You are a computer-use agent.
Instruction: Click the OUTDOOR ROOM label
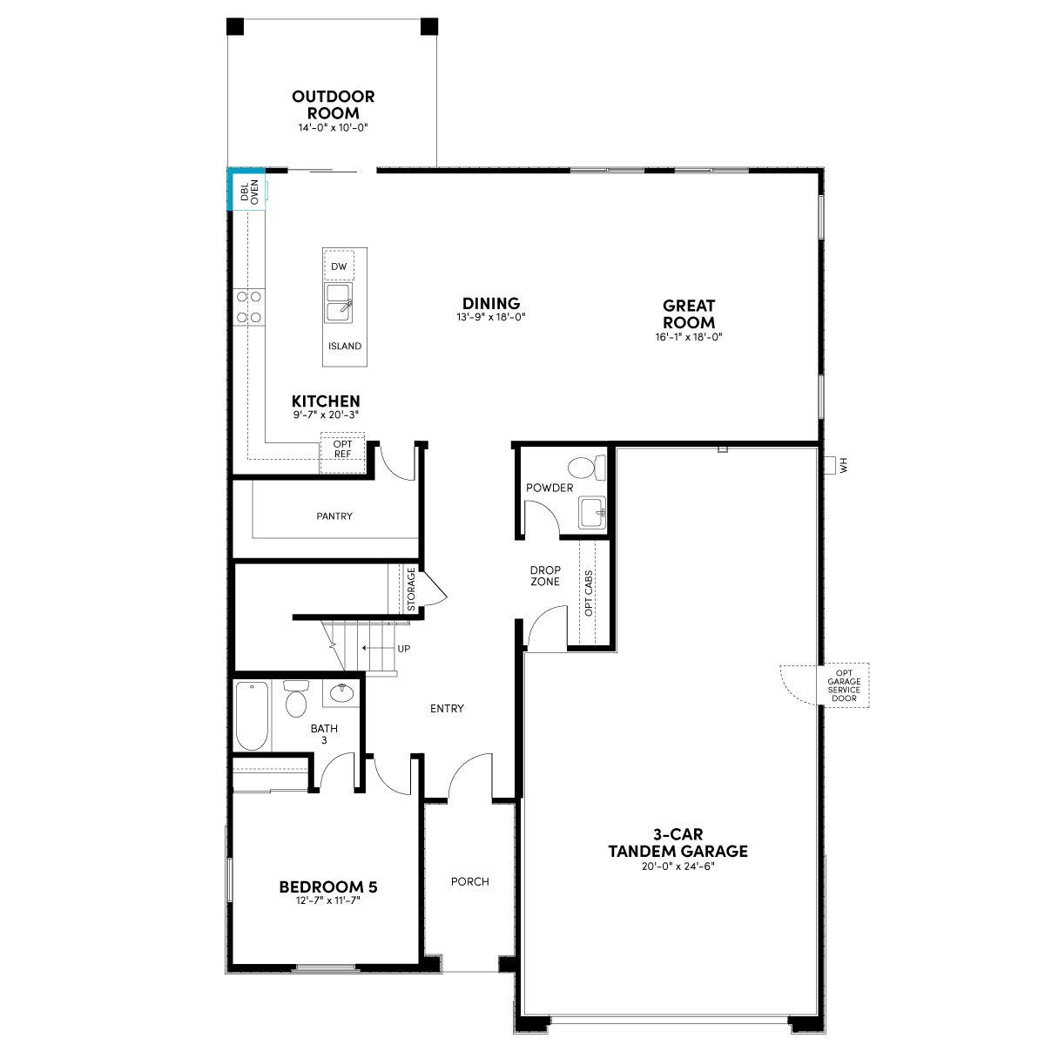(x=333, y=104)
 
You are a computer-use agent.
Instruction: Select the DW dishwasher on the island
(x=339, y=266)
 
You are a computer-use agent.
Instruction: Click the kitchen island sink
(x=339, y=302)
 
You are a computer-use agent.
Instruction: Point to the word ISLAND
(x=344, y=346)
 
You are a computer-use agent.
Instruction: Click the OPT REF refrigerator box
(x=342, y=452)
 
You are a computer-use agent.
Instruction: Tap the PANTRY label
(x=334, y=516)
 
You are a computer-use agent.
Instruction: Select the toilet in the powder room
(x=587, y=467)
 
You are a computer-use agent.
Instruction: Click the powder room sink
(x=592, y=511)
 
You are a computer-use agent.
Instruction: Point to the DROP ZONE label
(x=545, y=576)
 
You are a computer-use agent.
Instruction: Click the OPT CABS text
(x=589, y=593)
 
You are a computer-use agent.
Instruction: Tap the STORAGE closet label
(x=411, y=589)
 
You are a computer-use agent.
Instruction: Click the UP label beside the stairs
(x=404, y=649)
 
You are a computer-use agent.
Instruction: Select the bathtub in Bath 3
(x=253, y=716)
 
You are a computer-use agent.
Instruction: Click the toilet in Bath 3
(x=296, y=699)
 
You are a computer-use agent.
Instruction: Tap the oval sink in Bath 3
(x=341, y=692)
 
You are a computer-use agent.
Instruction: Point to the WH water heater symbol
(x=835, y=465)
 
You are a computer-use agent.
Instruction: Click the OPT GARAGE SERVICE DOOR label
(x=844, y=685)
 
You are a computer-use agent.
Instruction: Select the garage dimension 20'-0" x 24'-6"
(x=678, y=866)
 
